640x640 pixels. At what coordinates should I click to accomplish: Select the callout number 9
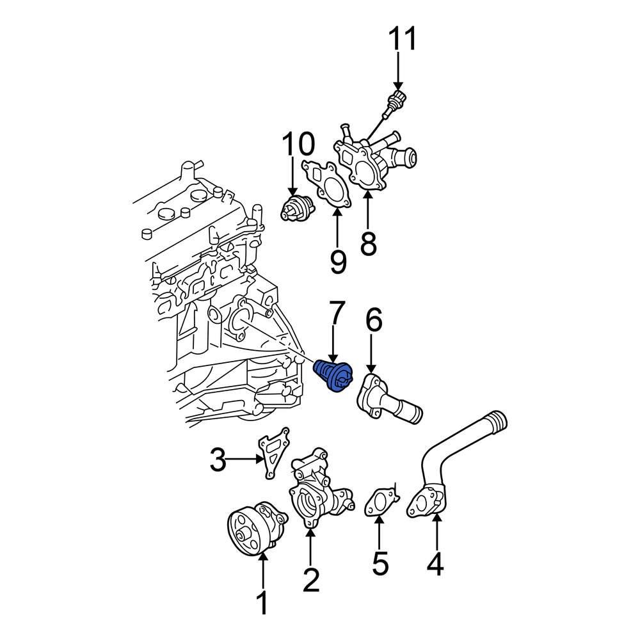click(x=338, y=261)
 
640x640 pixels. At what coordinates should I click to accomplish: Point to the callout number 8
click(x=369, y=243)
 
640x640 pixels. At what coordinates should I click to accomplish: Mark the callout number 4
click(x=435, y=564)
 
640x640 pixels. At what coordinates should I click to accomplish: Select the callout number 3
click(x=219, y=460)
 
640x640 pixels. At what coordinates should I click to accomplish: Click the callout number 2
click(x=310, y=580)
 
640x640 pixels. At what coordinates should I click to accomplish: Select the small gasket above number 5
click(x=380, y=500)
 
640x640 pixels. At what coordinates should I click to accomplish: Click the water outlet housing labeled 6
click(x=388, y=400)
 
